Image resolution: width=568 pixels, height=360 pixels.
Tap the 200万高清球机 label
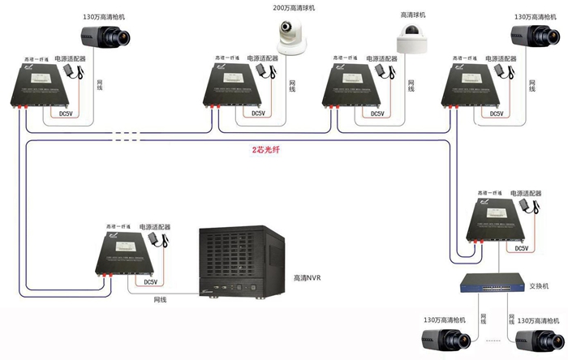294,7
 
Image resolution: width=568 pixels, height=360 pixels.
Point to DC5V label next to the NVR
150,282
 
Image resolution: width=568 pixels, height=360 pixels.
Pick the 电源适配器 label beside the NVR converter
155,227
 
